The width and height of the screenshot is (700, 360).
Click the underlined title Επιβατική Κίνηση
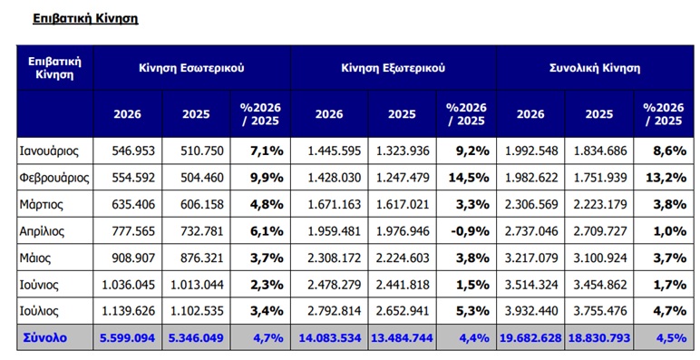[x=85, y=18]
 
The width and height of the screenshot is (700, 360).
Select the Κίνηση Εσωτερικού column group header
[x=191, y=68]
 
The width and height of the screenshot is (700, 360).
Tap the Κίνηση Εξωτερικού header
[x=393, y=68]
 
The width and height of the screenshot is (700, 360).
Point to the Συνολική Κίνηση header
[x=595, y=68]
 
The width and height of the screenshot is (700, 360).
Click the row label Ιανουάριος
[x=49, y=151]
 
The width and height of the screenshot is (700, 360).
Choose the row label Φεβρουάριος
[x=54, y=178]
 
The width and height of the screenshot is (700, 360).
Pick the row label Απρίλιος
[x=42, y=231]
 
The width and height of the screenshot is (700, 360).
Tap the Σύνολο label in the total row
[x=45, y=337]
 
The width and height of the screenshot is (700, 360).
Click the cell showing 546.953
[x=133, y=151]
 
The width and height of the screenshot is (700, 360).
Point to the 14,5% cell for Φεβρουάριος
[x=469, y=178]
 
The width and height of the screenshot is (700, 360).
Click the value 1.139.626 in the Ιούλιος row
[x=129, y=311]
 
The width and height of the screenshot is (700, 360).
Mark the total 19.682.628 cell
[x=530, y=337]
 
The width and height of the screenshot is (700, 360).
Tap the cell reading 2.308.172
[x=335, y=258]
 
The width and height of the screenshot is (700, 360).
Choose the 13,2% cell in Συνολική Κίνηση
[x=666, y=178]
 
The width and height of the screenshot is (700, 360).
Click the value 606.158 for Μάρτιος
[x=202, y=205]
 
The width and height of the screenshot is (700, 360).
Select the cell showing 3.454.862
[x=599, y=285]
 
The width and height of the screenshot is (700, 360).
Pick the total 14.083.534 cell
[x=330, y=337]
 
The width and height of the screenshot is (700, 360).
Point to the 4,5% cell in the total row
[x=671, y=337]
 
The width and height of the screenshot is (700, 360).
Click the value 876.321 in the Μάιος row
[x=202, y=258]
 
